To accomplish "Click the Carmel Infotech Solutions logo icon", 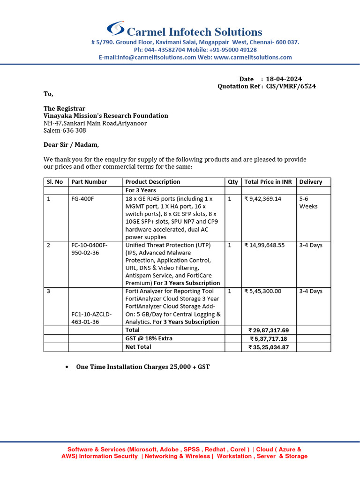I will point(115,29).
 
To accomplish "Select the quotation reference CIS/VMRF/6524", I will point(291,86).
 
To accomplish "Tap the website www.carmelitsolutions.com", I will point(253,57).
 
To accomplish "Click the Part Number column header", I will point(89,182).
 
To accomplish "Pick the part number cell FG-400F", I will point(82,199).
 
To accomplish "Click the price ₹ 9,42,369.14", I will point(263,199).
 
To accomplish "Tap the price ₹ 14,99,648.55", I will point(264,245).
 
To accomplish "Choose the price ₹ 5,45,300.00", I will point(263,291).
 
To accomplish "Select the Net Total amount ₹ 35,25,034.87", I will point(269,347).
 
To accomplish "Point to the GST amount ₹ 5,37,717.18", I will point(269,339).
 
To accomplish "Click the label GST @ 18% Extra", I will point(149,338).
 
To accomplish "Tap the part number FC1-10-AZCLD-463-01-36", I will point(91,318).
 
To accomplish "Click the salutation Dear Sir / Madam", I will point(71,145).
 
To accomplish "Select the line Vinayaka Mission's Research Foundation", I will point(105,116).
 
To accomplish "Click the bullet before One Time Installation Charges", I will point(68,367).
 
